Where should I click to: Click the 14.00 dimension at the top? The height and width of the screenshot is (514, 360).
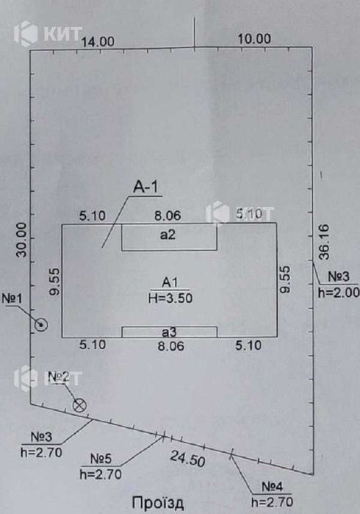click(98, 42)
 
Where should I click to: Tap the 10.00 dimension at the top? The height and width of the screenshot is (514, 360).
click(254, 39)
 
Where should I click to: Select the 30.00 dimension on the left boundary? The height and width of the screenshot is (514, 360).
click(22, 240)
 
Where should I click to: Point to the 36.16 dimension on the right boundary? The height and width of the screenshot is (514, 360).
click(324, 242)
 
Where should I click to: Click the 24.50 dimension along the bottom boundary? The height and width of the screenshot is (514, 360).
click(187, 458)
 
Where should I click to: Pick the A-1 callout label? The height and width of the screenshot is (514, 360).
click(145, 187)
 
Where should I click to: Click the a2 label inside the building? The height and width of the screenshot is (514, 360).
click(168, 235)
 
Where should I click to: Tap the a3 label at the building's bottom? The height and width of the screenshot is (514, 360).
click(170, 332)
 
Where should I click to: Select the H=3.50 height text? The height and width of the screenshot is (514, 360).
click(170, 298)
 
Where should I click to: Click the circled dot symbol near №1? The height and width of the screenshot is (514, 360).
click(41, 325)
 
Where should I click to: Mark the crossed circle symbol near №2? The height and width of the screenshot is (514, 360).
click(79, 405)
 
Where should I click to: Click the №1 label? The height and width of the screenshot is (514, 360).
click(12, 299)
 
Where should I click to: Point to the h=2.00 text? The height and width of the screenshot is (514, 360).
click(339, 293)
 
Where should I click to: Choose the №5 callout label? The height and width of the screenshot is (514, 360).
click(101, 459)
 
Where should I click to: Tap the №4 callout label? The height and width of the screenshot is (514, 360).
click(273, 487)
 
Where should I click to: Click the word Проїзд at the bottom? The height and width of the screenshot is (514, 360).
click(157, 503)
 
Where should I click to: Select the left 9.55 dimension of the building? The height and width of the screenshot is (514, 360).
click(54, 281)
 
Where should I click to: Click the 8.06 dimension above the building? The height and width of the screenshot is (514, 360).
click(168, 215)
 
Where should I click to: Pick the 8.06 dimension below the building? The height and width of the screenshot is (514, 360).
click(171, 346)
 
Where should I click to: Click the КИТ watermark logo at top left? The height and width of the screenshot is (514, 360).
click(48, 33)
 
